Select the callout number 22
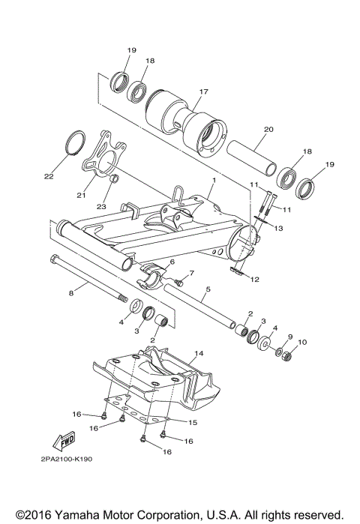[x=49, y=177]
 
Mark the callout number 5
[x=207, y=288]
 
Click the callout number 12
[x=255, y=279]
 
